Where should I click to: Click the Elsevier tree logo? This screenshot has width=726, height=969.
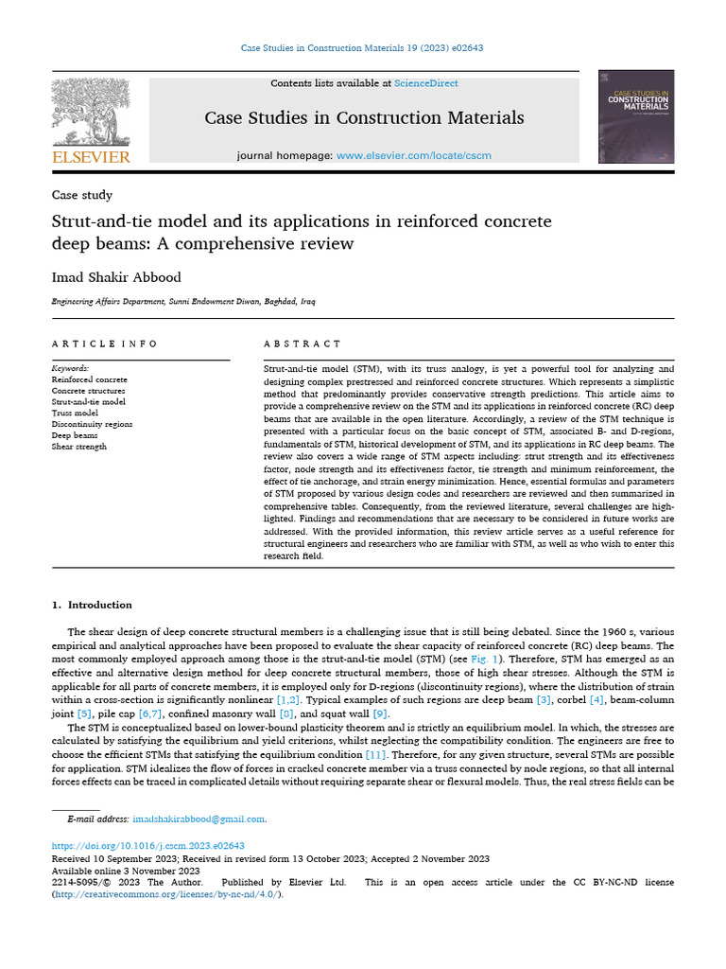click(x=90, y=112)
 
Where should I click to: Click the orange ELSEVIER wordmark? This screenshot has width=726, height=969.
click(x=91, y=156)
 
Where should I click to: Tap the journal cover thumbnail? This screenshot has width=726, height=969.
click(x=636, y=116)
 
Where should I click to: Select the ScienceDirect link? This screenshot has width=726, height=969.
click(x=426, y=83)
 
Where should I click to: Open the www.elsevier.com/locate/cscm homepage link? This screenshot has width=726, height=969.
click(x=414, y=155)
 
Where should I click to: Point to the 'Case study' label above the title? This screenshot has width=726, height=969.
click(x=82, y=195)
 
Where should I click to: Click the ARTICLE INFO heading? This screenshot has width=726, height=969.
click(x=104, y=344)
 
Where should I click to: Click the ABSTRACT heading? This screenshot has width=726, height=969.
click(x=302, y=344)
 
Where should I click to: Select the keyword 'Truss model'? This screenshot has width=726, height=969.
click(x=75, y=413)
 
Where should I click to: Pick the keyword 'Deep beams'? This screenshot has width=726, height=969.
click(x=75, y=435)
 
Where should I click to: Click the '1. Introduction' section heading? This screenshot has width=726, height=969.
click(x=92, y=605)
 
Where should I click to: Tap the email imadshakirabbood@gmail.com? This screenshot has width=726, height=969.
click(x=199, y=819)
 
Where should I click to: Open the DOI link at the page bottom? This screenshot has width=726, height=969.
click(x=147, y=845)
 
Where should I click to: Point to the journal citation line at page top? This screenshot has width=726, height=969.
click(x=363, y=47)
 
